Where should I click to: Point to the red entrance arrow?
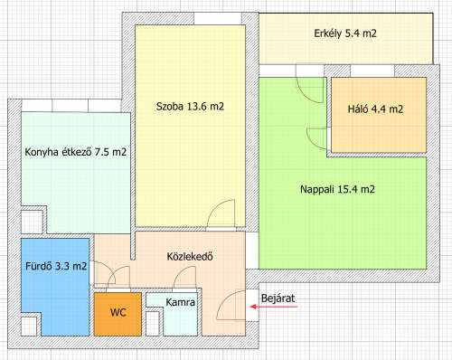click(271, 308)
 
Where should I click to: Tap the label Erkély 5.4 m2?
click(345, 33)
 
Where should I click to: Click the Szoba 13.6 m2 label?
click(192, 107)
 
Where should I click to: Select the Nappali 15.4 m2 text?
click(337, 190)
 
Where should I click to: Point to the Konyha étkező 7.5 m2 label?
click(75, 152)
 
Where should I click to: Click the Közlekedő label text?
click(190, 256)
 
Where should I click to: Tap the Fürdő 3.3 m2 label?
click(56, 266)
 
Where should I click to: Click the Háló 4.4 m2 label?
click(375, 109)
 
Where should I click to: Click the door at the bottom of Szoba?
click(222, 217)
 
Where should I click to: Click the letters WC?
click(118, 312)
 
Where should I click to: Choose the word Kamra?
click(181, 303)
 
